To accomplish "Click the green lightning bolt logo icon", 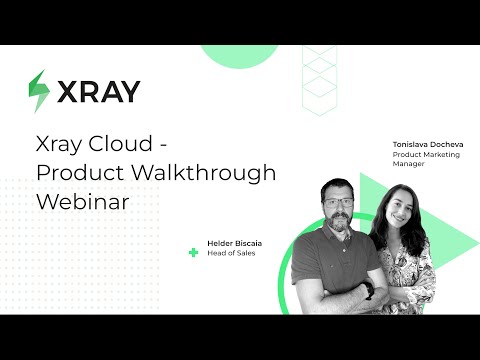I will [x=39, y=91].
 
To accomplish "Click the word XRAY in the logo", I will [x=98, y=91].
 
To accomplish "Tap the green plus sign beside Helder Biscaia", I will [x=193, y=252].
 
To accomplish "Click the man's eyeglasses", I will [x=339, y=201].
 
